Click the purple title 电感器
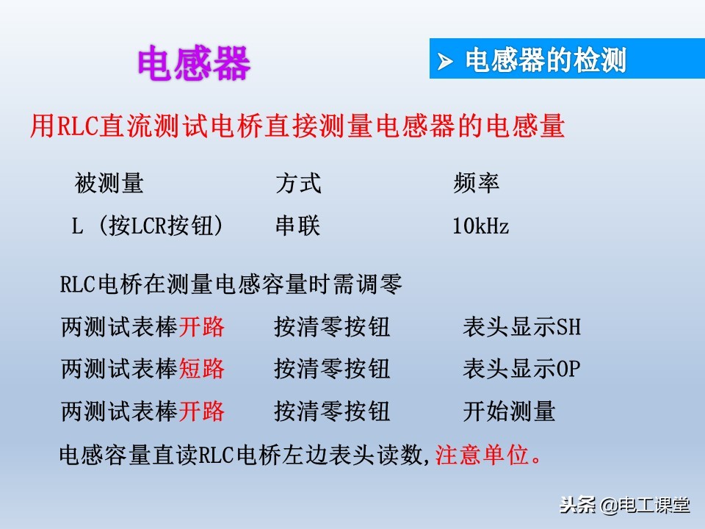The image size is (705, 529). click(x=194, y=64)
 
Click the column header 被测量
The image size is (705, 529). click(x=109, y=183)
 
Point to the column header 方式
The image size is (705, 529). click(x=298, y=183)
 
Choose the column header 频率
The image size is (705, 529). click(x=477, y=183)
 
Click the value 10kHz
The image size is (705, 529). click(x=480, y=226)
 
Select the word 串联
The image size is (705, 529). click(x=298, y=226)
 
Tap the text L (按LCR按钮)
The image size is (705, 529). click(x=147, y=226)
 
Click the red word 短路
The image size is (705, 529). click(x=202, y=368)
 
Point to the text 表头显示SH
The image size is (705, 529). click(x=521, y=326)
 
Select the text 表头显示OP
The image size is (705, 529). click(x=521, y=368)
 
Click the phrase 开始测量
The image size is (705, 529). click(x=509, y=411)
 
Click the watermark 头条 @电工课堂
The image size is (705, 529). click(x=624, y=505)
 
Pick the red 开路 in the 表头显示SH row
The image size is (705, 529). click(x=202, y=326)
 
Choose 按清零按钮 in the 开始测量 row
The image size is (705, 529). click(x=332, y=411)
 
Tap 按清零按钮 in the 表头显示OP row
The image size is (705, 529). click(x=332, y=368)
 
